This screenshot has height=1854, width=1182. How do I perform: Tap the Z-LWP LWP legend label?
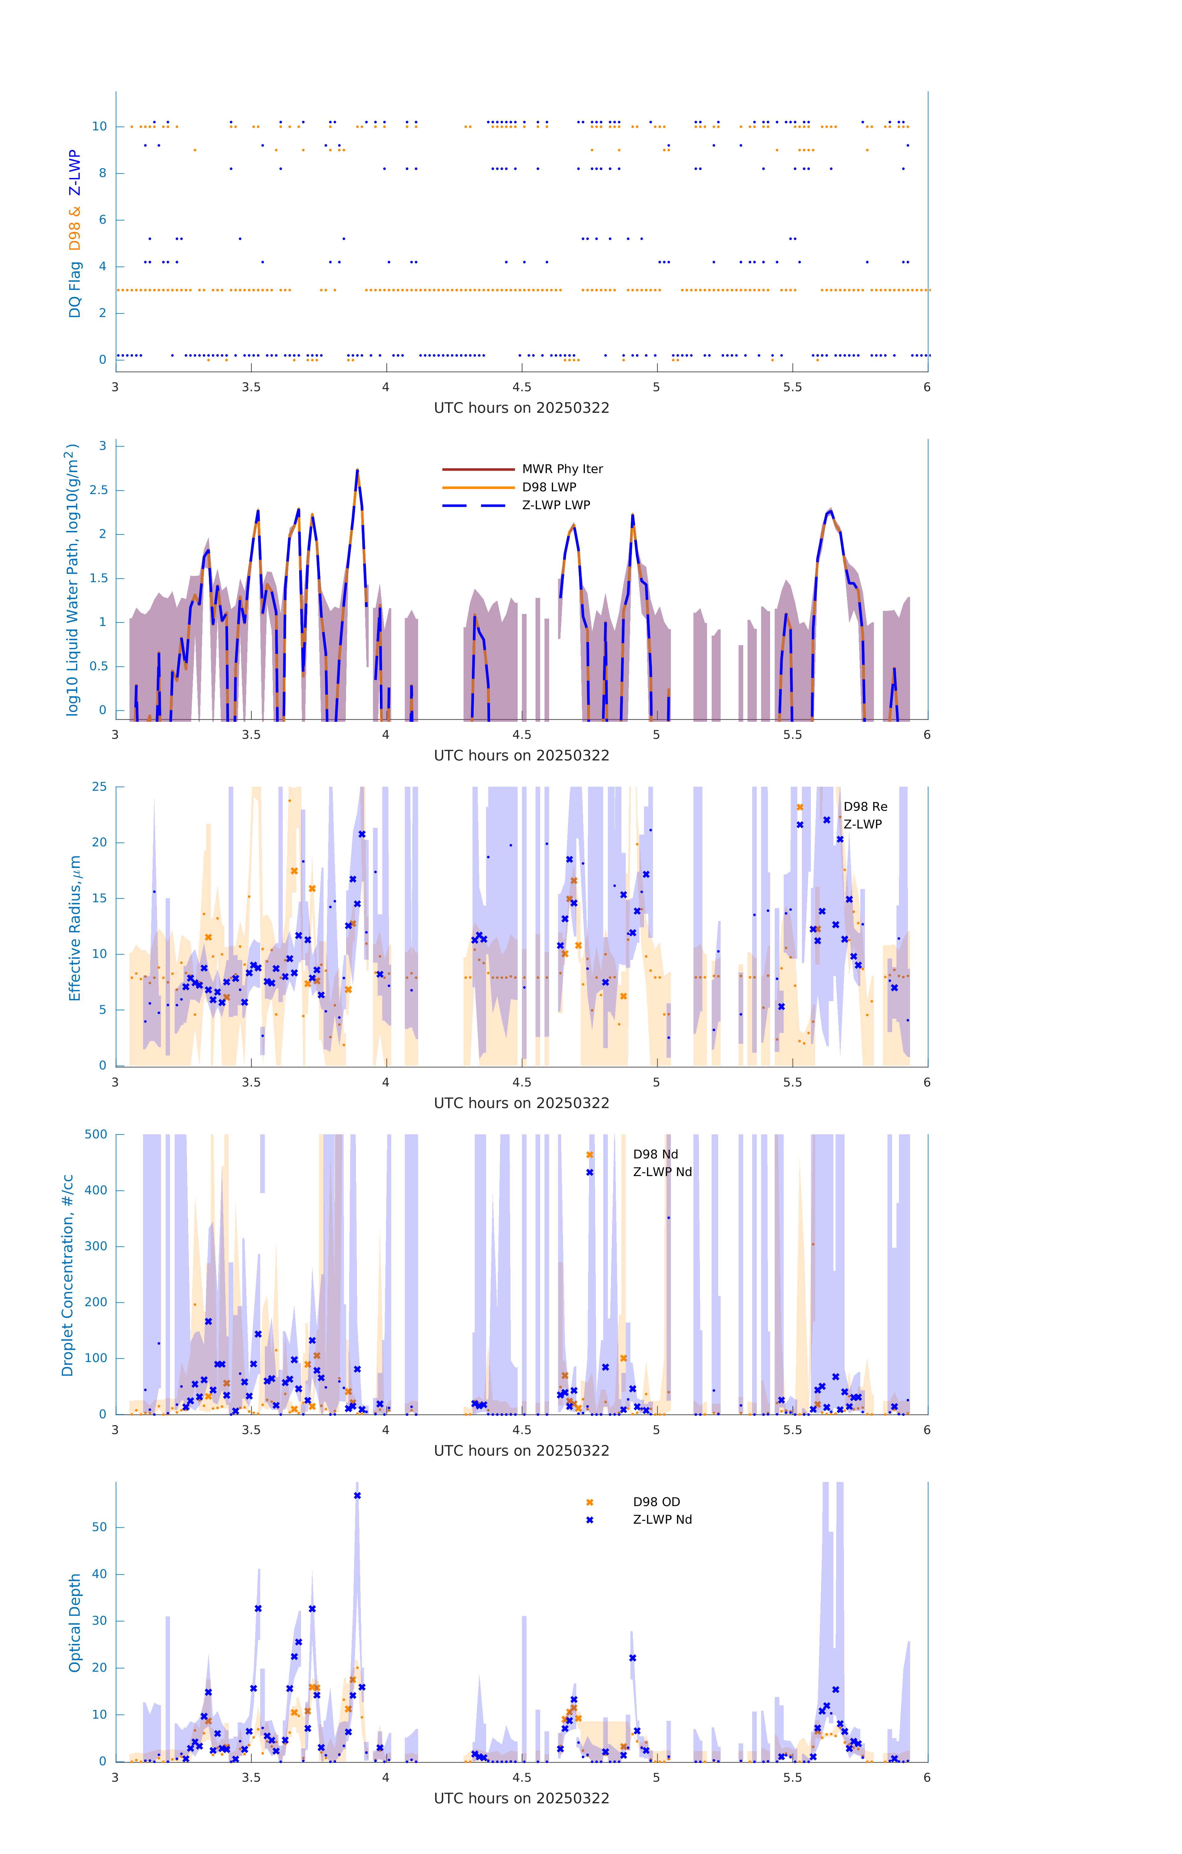coord(556,505)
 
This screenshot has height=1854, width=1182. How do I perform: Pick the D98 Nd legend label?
coord(655,1154)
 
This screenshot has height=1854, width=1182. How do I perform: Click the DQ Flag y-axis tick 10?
coord(99,126)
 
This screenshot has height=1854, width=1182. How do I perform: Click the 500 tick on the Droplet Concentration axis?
coord(96,1134)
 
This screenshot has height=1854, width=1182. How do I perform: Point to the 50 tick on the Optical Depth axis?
coord(99,1528)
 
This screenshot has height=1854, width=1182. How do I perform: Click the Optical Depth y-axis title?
coord(75,1623)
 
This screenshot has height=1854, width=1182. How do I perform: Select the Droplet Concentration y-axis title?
coord(68,1275)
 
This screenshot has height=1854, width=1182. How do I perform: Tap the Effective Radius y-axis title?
coord(75,928)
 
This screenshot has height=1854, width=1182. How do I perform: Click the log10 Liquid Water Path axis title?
coord(72,580)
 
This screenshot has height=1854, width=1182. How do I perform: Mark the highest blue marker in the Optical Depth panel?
coord(357,1496)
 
